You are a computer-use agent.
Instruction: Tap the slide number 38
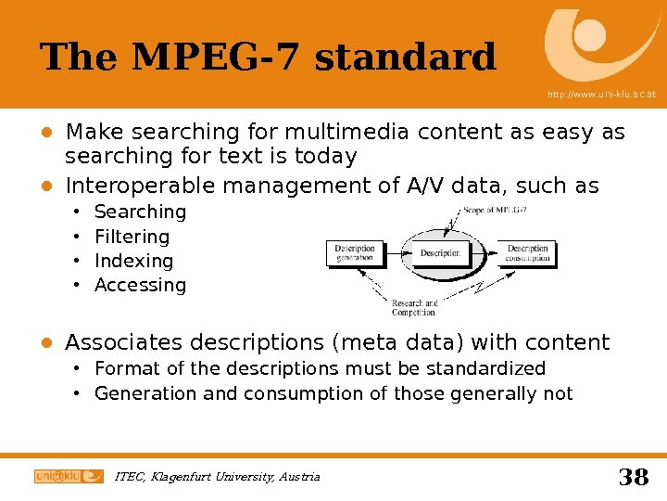point(633,477)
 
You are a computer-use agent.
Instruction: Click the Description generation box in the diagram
point(355,252)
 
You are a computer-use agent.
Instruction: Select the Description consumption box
point(527,252)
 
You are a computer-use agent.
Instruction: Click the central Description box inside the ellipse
point(440,252)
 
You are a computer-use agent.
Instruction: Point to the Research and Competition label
point(413,307)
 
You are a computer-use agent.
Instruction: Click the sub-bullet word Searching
point(140,212)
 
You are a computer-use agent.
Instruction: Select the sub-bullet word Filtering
point(132,237)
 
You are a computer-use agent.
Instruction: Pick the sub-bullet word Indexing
point(133,261)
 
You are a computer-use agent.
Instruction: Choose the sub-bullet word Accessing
point(140,285)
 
